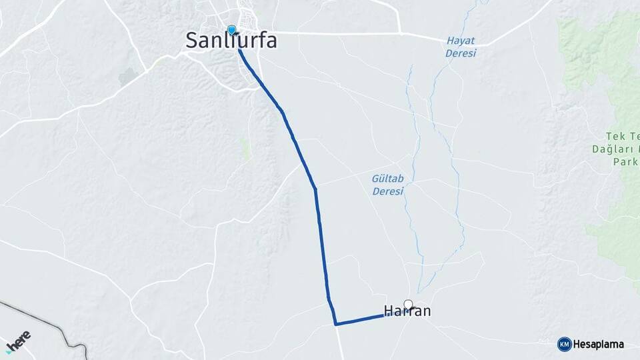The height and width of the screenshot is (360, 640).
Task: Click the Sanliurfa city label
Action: point(231,41)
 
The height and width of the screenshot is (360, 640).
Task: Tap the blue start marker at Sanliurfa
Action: point(232,30)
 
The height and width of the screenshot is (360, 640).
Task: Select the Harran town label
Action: point(407,311)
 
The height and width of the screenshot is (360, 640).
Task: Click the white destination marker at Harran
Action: point(409,305)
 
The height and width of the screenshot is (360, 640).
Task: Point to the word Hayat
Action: point(461,41)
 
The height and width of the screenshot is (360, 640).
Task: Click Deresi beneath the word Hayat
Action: point(461,53)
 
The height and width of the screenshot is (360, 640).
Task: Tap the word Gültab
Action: point(387,179)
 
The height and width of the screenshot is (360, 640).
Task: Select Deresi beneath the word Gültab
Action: point(387,191)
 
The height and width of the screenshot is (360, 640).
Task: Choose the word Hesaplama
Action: point(599,344)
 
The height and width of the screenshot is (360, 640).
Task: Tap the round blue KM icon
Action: point(564,344)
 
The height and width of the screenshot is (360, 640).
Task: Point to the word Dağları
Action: point(610,149)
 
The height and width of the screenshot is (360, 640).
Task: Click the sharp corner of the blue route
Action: point(336,324)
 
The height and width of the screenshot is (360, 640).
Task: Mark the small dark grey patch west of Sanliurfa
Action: point(127,77)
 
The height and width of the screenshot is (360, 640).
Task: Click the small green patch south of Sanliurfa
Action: point(245,149)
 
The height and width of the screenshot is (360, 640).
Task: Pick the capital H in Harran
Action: point(389,311)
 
